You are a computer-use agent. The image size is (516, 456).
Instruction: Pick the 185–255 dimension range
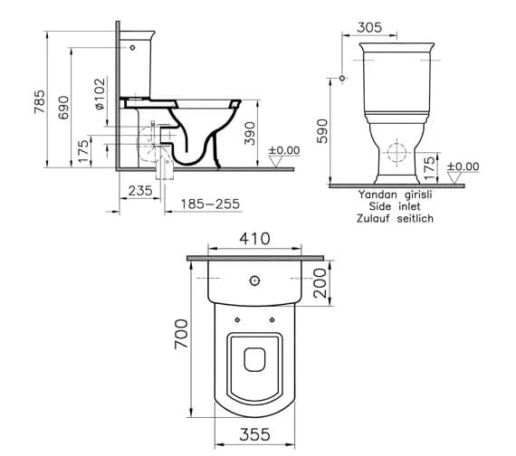coord(209,204)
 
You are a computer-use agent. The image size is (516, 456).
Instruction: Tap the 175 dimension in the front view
coord(430,165)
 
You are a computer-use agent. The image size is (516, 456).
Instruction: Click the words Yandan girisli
coord(395,194)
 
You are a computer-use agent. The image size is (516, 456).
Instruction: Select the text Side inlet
coord(395,206)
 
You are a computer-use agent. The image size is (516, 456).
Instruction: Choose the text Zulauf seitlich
coord(395,219)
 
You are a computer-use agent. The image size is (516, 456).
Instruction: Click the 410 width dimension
coord(254,241)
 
